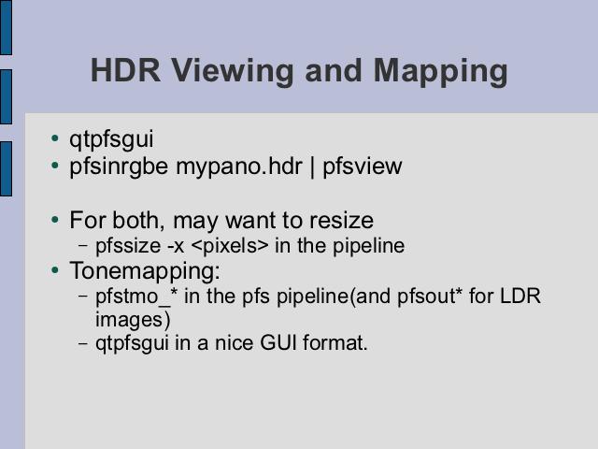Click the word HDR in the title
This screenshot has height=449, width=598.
click(125, 70)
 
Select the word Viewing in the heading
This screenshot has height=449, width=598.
click(233, 73)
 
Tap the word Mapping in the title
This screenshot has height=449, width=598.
click(440, 73)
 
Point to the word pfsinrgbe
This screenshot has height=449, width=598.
click(119, 167)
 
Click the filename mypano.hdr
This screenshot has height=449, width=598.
click(239, 167)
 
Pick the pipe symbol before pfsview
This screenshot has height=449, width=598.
click(313, 167)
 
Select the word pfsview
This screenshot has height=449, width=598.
click(363, 167)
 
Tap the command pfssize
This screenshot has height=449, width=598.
click(128, 246)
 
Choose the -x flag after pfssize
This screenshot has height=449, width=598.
click(176, 247)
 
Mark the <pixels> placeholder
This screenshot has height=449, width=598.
click(230, 246)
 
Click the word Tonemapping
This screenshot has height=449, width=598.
click(145, 271)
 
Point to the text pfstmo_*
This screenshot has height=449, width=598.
click(136, 297)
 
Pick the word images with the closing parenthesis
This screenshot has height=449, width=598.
click(133, 320)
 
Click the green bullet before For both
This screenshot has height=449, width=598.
click(55, 220)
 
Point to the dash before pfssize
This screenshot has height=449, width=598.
click(83, 245)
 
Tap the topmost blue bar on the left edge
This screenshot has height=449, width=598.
click(7, 27)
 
